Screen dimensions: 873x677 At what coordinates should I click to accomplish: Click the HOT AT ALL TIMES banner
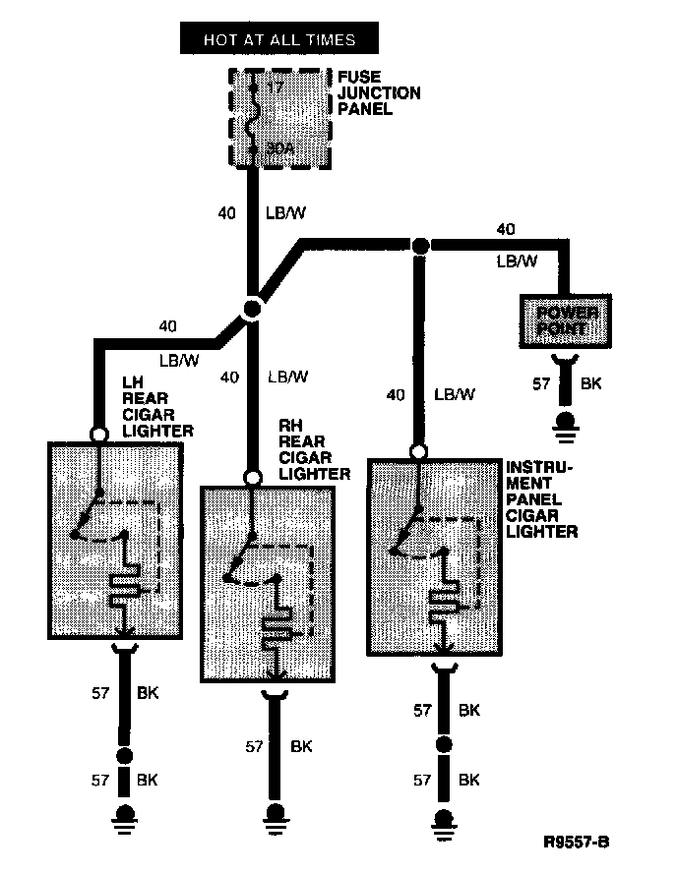coord(278,40)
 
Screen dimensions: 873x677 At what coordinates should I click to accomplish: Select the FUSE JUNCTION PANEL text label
coord(379,92)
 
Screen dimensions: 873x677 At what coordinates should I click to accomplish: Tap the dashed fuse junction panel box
coord(280,117)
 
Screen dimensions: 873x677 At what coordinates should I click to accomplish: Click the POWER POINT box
coord(565,320)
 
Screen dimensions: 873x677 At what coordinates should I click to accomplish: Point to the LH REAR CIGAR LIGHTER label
coord(157,405)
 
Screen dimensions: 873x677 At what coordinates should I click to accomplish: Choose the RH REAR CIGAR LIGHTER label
coord(313,450)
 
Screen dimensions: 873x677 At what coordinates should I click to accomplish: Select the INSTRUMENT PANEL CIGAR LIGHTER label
coord(541,498)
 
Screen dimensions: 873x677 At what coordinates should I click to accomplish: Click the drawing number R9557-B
coord(577,843)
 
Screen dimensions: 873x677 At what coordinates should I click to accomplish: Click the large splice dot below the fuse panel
coord(252,309)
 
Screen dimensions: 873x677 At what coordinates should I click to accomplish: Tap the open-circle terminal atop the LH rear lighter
coord(98,434)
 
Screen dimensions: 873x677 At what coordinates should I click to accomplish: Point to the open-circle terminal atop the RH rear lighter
coord(253,478)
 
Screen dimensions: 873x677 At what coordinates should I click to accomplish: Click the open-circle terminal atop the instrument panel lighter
coord(419,451)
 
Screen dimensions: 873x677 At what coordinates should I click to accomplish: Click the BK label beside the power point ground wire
coord(590,383)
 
